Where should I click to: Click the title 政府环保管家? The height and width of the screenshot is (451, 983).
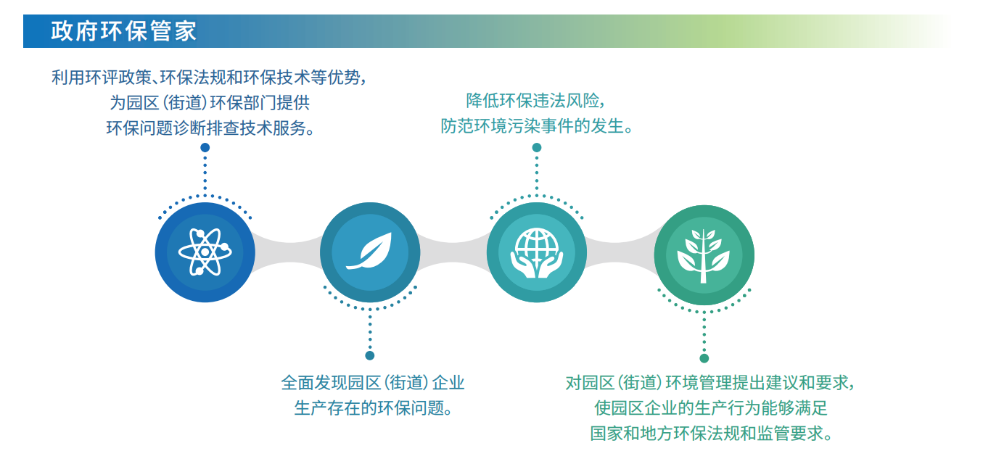coord(124,31)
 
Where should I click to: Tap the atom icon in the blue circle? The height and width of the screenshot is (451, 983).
coord(205,252)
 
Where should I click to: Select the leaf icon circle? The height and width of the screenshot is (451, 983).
coord(370,252)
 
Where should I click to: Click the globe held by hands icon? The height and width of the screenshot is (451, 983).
coord(537,253)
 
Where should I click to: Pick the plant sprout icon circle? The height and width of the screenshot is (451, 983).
coord(704,255)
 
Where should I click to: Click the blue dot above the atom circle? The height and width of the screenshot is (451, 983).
coord(205,148)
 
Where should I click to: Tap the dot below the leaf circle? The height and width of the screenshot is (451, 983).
coord(370,355)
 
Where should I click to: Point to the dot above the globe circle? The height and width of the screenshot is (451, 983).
coord(537,148)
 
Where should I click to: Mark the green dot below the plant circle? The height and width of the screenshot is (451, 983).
coord(704,358)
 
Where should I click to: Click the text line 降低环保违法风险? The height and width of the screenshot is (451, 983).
coord(536,101)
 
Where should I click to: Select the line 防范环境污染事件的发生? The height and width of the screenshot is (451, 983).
coord(537,126)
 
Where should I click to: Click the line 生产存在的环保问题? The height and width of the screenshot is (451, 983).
coord(373,408)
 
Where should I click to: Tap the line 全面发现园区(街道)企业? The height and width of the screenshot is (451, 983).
coord(373,383)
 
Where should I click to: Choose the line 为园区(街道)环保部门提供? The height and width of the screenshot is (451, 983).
coord(210,103)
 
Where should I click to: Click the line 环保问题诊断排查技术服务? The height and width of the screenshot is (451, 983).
coord(210,128)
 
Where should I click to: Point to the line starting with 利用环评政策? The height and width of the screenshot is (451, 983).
coord(209,77)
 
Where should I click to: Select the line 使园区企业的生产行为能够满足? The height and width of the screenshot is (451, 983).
coord(711,408)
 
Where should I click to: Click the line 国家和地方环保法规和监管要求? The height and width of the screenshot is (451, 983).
coord(711,434)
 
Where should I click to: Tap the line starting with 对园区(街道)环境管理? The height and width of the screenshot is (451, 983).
coord(710,383)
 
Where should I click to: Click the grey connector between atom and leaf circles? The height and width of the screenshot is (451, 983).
coord(288,252)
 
